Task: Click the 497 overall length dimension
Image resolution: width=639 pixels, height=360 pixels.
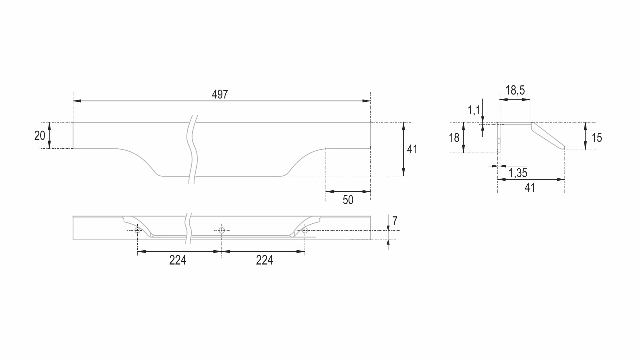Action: (220, 94)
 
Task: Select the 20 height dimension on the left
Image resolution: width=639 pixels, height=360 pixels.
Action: (40, 135)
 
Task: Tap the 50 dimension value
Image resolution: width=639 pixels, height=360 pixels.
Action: (348, 200)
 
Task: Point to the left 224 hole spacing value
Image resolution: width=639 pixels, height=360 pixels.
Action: (178, 260)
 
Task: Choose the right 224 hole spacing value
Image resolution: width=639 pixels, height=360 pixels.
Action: (264, 260)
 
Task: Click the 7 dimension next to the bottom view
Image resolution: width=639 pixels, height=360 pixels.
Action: (395, 221)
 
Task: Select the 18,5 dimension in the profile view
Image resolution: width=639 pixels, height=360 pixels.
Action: (515, 90)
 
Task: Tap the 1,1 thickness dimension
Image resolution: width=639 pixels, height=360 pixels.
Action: (474, 109)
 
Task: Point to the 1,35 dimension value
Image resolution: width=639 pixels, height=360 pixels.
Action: (518, 173)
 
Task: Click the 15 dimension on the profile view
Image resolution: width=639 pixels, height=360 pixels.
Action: (597, 138)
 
